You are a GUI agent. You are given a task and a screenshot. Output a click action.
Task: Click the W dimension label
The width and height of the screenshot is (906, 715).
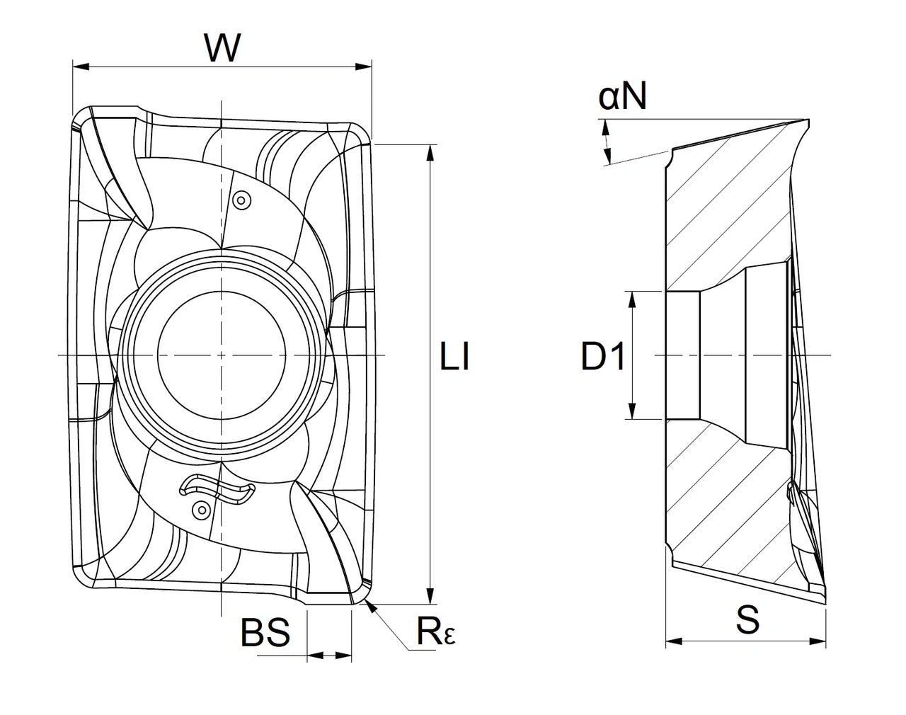point(222,47)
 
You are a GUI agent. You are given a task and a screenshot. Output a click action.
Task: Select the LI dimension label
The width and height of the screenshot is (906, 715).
point(454,358)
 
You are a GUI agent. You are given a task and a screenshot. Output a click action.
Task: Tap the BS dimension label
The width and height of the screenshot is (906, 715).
point(265,632)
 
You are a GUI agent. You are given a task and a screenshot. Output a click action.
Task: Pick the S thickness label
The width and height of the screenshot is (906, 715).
point(747,619)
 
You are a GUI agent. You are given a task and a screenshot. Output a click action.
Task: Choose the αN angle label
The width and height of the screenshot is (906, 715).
point(623,97)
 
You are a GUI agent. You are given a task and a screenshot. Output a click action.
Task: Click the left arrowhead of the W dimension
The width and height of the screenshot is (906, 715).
point(79,67)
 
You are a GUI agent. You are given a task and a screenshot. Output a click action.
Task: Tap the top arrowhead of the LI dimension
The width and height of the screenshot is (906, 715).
point(430,151)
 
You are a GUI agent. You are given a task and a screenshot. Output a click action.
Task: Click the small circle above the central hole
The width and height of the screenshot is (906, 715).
point(242,201)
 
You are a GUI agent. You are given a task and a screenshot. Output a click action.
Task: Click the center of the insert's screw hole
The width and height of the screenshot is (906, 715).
point(222,354)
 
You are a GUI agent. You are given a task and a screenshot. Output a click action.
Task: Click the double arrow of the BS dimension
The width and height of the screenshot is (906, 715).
point(329,657)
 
